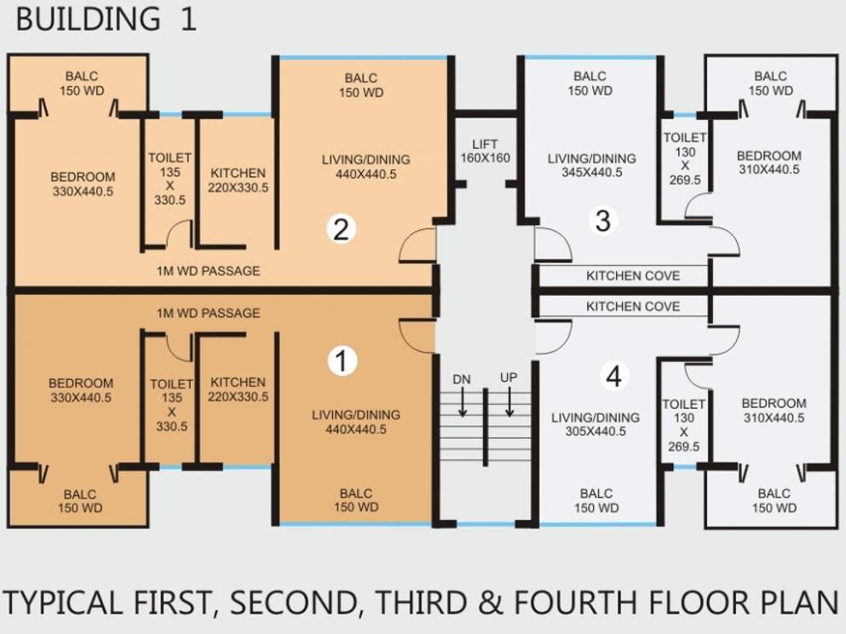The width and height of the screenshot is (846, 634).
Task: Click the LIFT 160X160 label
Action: pyautogui.click(x=485, y=151)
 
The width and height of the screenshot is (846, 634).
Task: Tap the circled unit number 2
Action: pyautogui.click(x=341, y=229)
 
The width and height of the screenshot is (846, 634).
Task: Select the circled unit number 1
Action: pyautogui.click(x=342, y=360)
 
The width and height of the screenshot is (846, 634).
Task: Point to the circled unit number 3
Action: pyautogui.click(x=602, y=221)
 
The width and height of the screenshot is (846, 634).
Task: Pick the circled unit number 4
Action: pyautogui.click(x=614, y=376)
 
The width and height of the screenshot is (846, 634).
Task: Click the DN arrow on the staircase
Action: pyautogui.click(x=463, y=402)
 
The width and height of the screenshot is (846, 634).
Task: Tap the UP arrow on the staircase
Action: pyautogui.click(x=509, y=402)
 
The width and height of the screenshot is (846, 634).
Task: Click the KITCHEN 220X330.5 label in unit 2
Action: pyautogui.click(x=238, y=180)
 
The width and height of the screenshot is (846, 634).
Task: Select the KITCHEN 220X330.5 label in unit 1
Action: pyautogui.click(x=238, y=389)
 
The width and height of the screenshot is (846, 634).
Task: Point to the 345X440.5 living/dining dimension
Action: pyautogui.click(x=592, y=173)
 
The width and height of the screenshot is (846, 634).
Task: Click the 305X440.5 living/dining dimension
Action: pyautogui.click(x=596, y=431)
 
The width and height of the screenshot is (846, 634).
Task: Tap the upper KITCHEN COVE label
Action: pyautogui.click(x=633, y=276)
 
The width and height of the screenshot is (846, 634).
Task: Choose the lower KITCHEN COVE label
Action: pyautogui.click(x=633, y=307)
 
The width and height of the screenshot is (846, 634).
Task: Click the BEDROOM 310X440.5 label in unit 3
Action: pyautogui.click(x=768, y=163)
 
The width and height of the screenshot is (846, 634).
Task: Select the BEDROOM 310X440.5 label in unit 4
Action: pyautogui.click(x=774, y=410)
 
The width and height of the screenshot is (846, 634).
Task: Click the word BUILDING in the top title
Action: pyautogui.click(x=88, y=19)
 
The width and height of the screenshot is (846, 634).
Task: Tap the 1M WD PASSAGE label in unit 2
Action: pyautogui.click(x=208, y=271)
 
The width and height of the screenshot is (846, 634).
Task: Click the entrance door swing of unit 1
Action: pyautogui.click(x=417, y=336)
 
